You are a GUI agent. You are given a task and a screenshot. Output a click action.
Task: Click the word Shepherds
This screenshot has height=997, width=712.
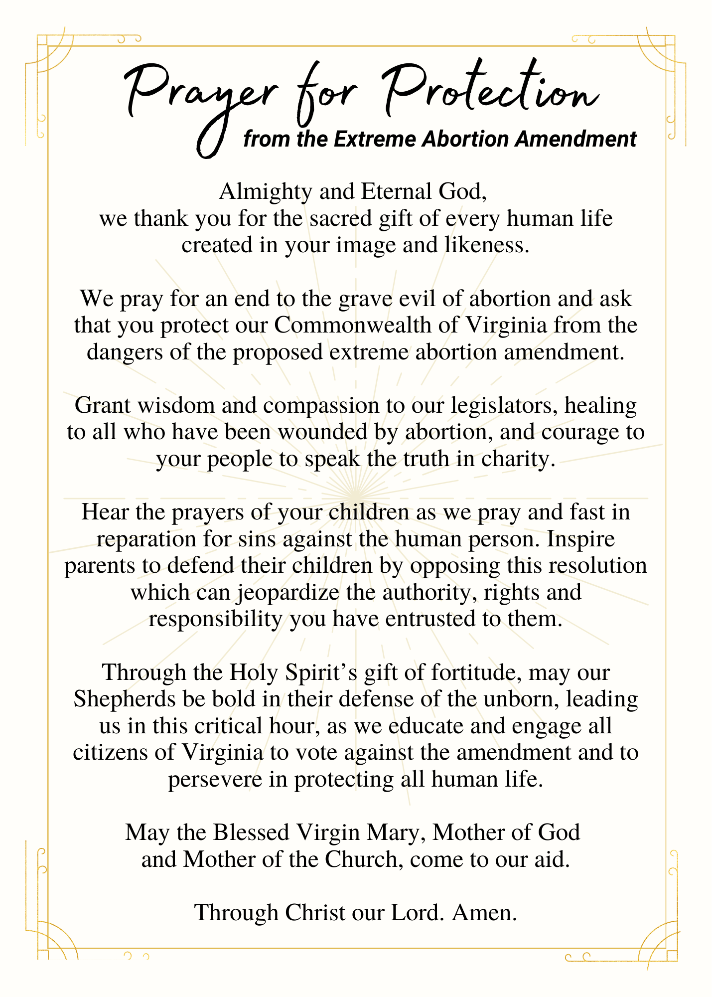click(x=124, y=699)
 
